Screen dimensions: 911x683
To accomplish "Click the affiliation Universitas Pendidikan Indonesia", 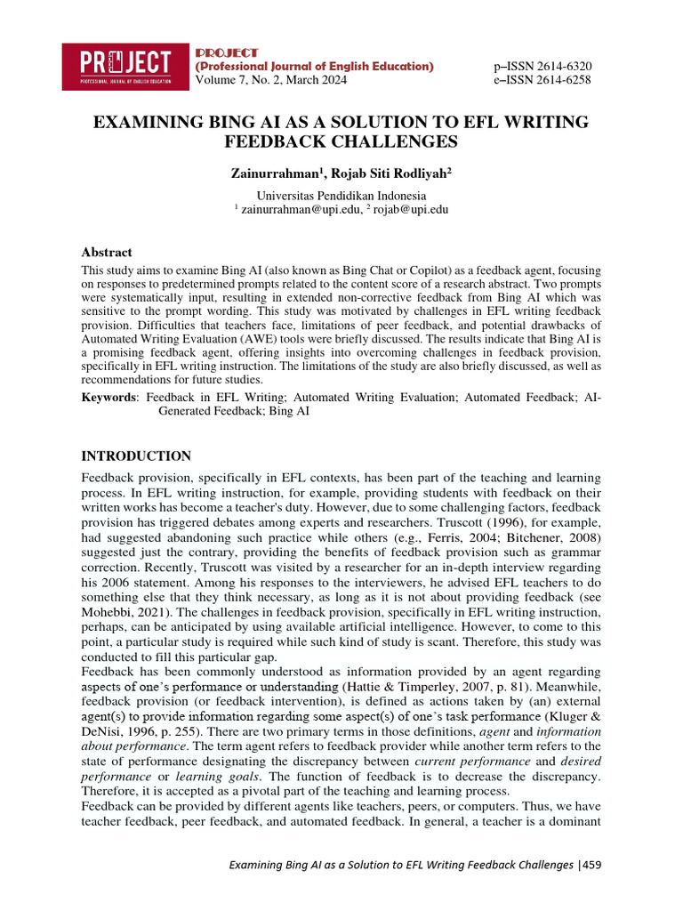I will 341,196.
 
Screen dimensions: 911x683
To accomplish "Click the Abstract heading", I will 107,253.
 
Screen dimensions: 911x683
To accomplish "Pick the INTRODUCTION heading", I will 136,456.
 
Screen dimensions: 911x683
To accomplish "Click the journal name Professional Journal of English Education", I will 315,67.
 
